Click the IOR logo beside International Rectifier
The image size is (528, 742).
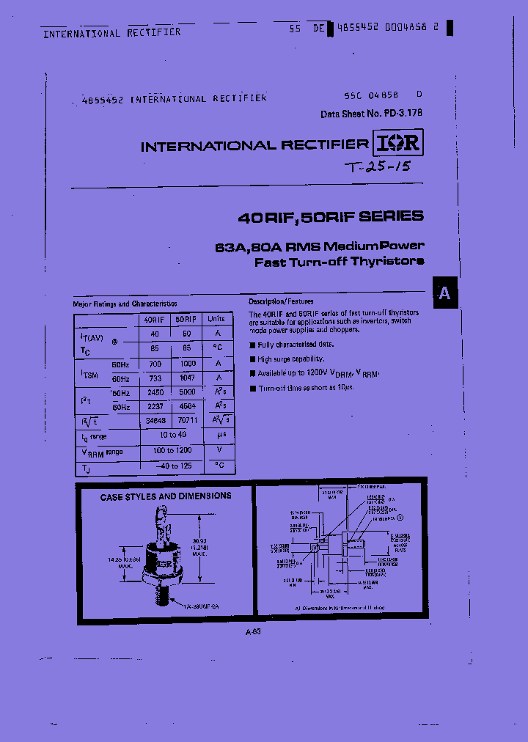tap(398, 143)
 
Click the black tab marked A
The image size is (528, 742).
tap(444, 294)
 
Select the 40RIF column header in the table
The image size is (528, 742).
tap(154, 320)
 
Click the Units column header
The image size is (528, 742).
tap(217, 320)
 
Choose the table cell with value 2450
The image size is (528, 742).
tap(154, 392)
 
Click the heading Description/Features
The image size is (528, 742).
tap(281, 302)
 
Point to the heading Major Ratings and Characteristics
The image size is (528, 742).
tap(125, 304)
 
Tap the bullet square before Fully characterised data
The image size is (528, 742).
tap(252, 345)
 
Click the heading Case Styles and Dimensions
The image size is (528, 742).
tap(166, 496)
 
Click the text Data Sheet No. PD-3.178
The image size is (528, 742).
tap(371, 114)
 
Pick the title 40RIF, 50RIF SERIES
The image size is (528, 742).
tap(331, 216)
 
